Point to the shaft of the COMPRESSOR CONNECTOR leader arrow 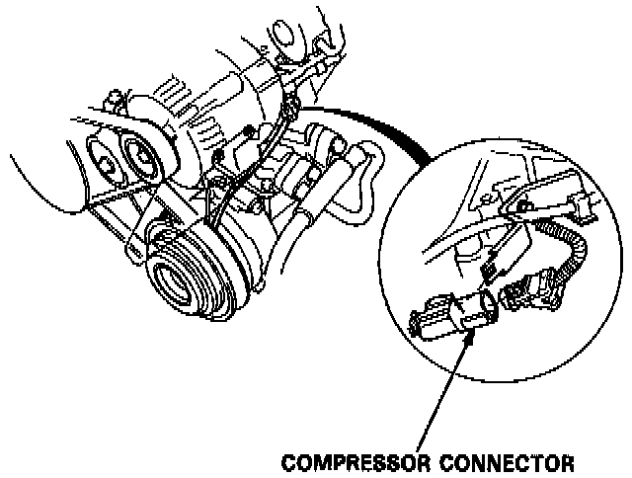click(449, 395)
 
